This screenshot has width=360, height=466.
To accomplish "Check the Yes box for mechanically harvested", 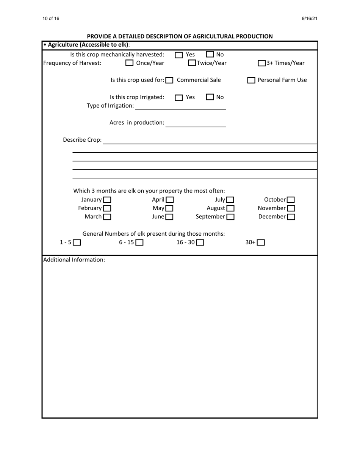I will [x=179, y=55].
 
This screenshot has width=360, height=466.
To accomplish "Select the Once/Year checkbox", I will [x=130, y=63].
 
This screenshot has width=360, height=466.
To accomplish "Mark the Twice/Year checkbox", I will [x=193, y=63].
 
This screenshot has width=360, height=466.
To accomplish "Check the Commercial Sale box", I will [x=170, y=81].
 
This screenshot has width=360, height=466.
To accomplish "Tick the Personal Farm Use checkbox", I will [x=251, y=81].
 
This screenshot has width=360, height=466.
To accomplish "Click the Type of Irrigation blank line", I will [x=180, y=106].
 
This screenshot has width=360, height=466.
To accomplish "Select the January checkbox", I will [x=107, y=200].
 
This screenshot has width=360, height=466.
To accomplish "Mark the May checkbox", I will [x=169, y=209].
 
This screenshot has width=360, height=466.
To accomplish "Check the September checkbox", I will [x=230, y=217].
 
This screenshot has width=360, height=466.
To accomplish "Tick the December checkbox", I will [x=291, y=217].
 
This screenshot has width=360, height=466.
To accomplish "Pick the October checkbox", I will [x=291, y=200].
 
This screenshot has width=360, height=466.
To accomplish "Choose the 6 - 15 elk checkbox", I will [x=139, y=243].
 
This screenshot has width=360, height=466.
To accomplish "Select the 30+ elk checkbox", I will [x=261, y=243].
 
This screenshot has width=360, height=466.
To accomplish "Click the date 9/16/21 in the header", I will [x=309, y=19].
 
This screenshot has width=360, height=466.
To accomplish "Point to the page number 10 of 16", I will [x=51, y=19].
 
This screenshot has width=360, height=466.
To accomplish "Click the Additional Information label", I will [x=74, y=260].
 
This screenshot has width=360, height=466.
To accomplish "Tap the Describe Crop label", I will [x=82, y=140].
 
